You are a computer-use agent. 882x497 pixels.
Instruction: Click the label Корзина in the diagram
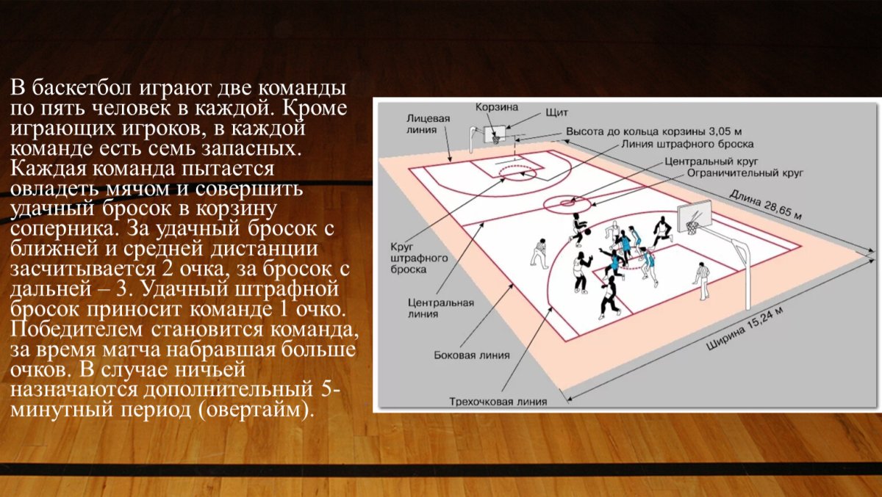[497, 107]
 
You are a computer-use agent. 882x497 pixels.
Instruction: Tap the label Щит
[557, 113]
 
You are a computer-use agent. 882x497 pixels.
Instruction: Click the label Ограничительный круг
[745, 173]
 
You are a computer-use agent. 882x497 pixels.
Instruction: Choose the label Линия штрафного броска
[687, 145]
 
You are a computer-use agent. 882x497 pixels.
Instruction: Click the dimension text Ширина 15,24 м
[744, 329]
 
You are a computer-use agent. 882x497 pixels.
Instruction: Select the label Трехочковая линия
[498, 402]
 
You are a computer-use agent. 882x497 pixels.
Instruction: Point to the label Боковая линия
[472, 355]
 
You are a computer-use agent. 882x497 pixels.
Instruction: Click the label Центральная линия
[440, 308]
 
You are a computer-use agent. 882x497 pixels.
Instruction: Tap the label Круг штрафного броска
[419, 258]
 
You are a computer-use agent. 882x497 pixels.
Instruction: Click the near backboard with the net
[694, 216]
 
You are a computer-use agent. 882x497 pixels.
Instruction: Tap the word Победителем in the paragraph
[76, 329]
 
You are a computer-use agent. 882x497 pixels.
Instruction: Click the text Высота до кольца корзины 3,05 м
[654, 131]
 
